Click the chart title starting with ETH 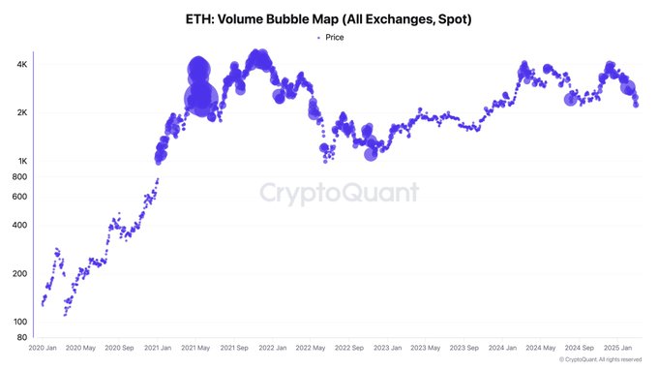[329, 18]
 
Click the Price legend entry [329, 37]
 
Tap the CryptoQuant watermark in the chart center [339, 192]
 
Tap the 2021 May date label [198, 347]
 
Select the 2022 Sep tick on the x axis [350, 347]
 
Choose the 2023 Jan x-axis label [388, 347]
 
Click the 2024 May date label [540, 347]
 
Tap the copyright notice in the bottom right [600, 359]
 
